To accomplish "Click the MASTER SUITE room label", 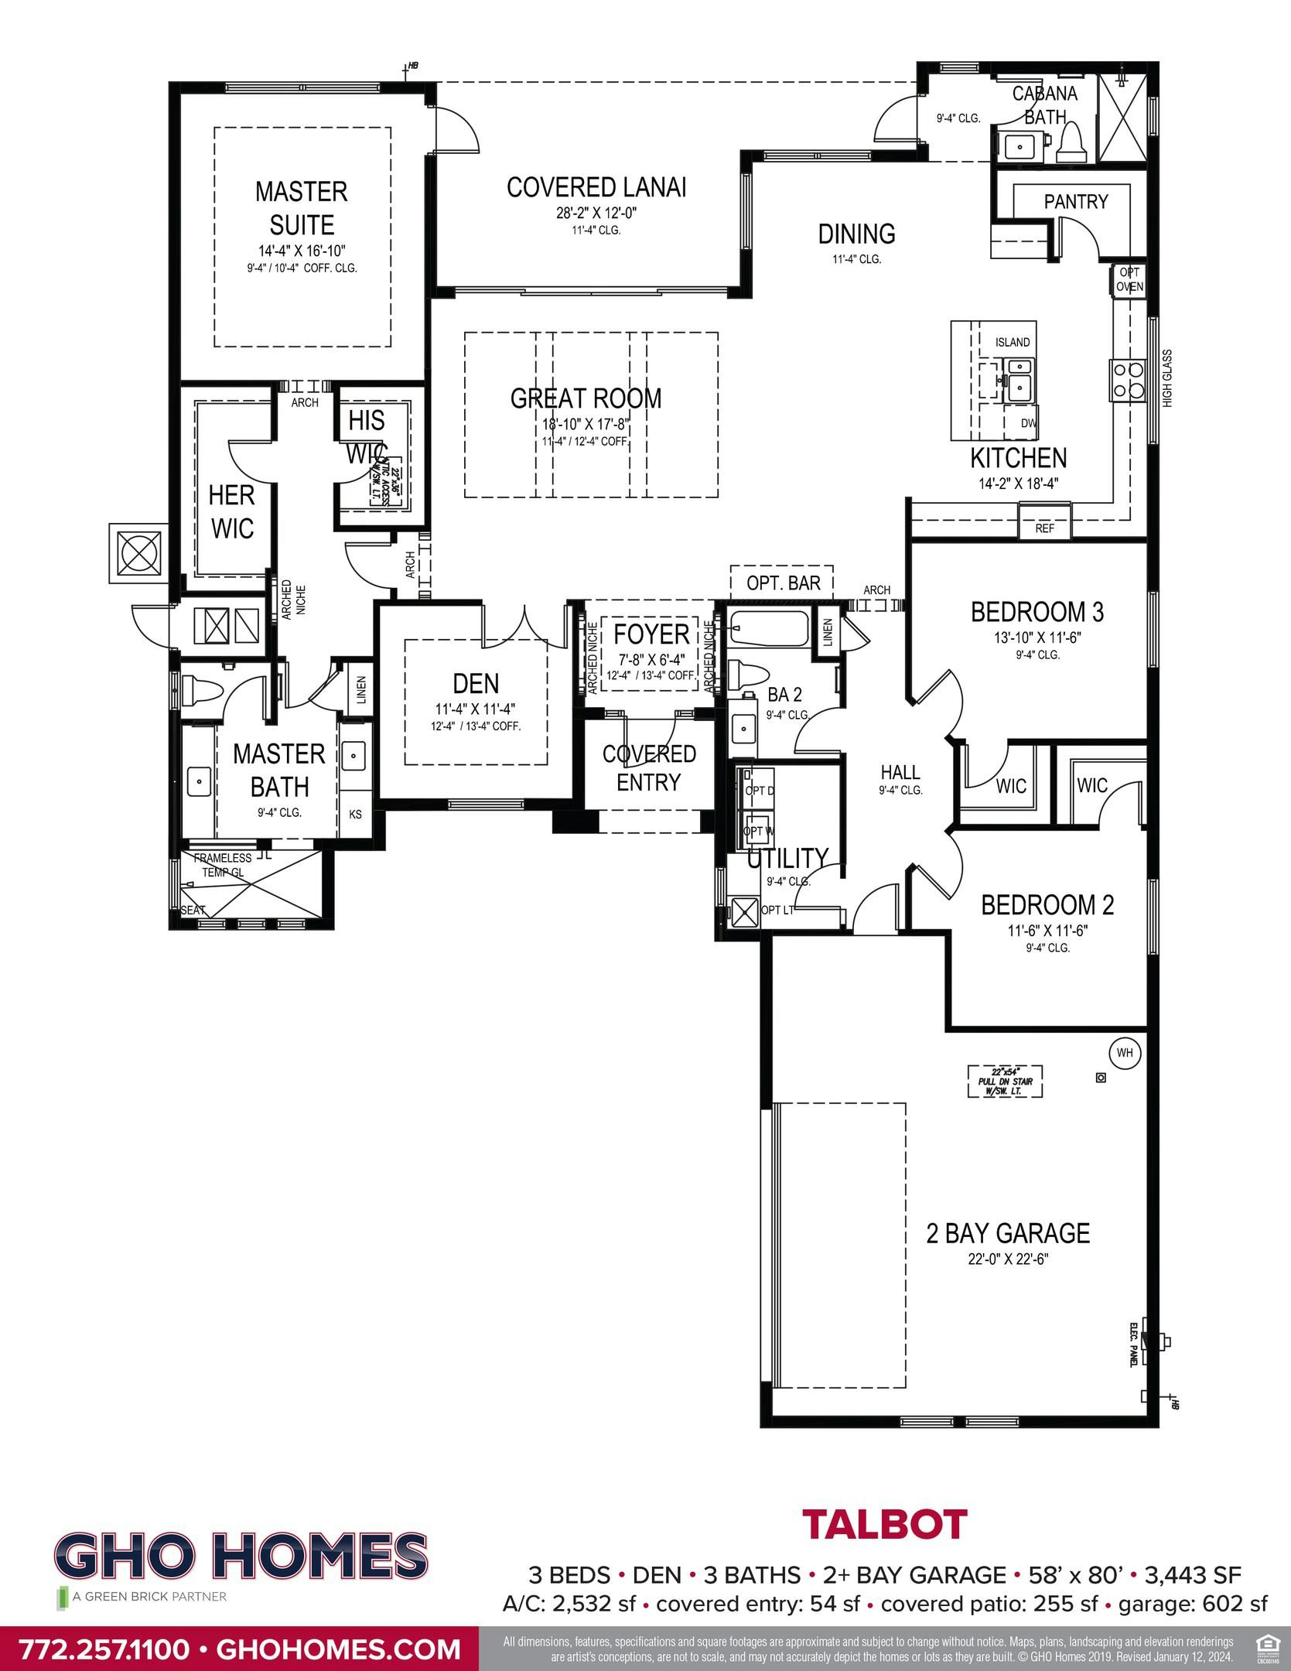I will click(301, 208).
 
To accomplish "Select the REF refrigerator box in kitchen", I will click(1044, 529).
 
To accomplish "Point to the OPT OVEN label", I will click(1129, 280).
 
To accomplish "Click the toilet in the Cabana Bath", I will click(1072, 144).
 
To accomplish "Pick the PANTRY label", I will click(1076, 202).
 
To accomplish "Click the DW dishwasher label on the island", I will click(1028, 423).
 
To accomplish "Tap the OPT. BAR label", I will click(783, 583).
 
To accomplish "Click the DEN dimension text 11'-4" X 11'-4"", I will click(475, 708).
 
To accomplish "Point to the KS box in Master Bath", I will click(355, 815).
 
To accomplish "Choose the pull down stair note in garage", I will click(1005, 1081).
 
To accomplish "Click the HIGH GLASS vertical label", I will click(1167, 378).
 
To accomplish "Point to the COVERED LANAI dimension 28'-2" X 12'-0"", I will click(596, 214).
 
